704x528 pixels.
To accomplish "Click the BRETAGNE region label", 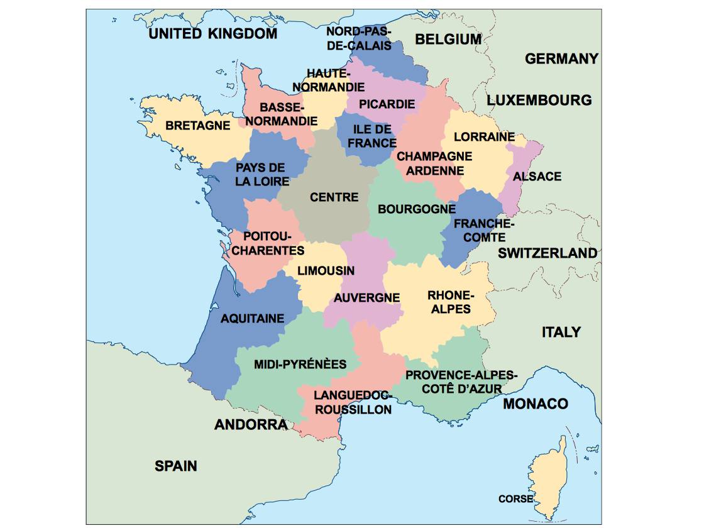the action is pos(197,126).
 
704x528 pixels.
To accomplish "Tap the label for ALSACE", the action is pos(537,177).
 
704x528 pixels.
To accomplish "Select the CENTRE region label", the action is pos(334,197).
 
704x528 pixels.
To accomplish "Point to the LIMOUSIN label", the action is pos(326,271).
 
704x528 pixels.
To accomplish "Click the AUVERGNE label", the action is pos(366,297).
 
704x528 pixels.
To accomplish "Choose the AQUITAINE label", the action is pos(252,319).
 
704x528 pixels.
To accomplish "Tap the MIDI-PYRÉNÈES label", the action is pos(300,365).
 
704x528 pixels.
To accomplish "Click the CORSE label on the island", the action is pos(515,499).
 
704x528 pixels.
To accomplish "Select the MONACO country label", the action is pos(535,404).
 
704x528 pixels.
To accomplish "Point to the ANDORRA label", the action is pos(251,425).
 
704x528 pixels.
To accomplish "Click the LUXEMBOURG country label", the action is pos(539,100).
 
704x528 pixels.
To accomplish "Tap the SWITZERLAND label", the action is pos(547,253).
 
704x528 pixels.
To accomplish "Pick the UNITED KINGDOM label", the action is pos(212,34).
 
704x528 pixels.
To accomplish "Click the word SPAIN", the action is pos(176,466).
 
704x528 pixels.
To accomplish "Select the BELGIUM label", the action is pos(448,39).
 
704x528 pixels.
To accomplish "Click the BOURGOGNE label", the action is pos(417,209).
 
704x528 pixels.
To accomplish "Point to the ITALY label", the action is pos(561,332).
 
